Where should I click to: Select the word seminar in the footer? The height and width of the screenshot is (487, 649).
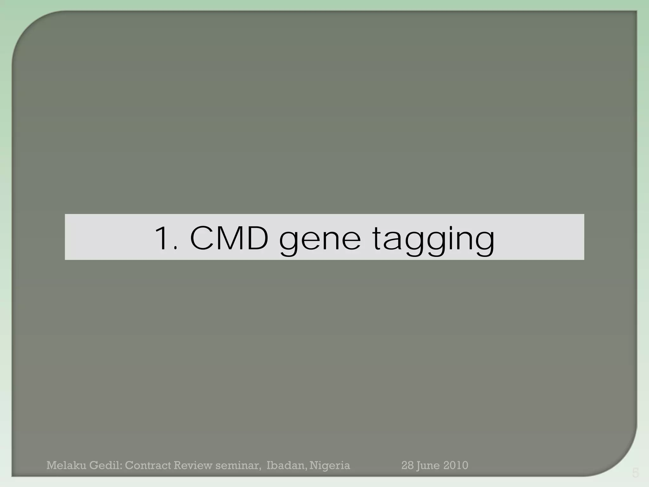pyautogui.click(x=240, y=465)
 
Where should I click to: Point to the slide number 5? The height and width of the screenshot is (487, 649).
pyautogui.click(x=635, y=473)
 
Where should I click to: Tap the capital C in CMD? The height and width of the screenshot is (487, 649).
pyautogui.click(x=202, y=238)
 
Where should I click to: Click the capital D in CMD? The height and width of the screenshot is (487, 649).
pyautogui.click(x=256, y=238)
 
